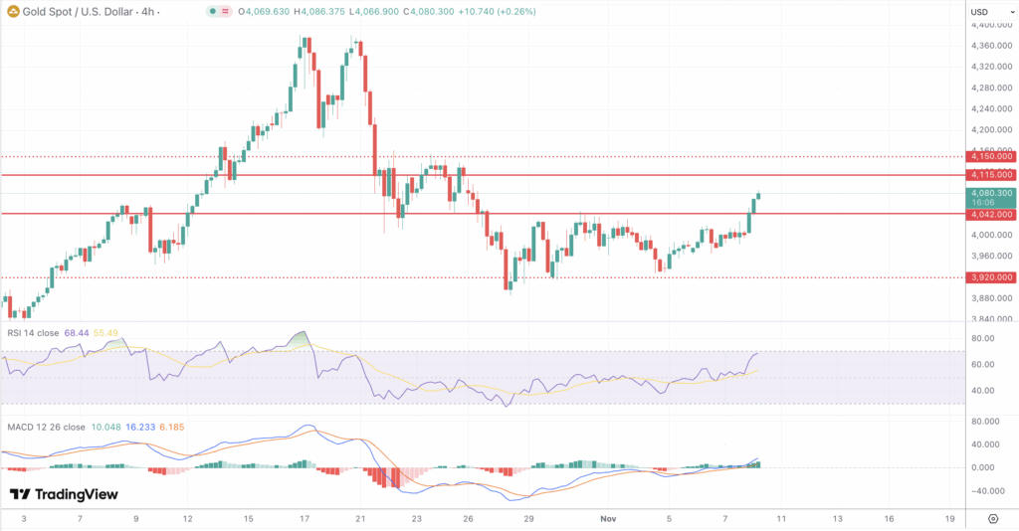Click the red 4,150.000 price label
(991, 156)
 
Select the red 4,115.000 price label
(991, 175)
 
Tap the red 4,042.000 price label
(991, 214)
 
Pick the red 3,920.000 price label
(991, 277)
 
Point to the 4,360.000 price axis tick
(991, 46)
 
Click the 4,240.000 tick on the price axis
(991, 109)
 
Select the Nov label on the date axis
(608, 519)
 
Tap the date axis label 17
(305, 519)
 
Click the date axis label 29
(529, 519)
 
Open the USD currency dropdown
(991, 12)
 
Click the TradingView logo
(64, 494)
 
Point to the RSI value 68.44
(77, 333)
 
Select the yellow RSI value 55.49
(105, 333)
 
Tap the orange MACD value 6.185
(172, 428)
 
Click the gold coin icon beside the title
(13, 12)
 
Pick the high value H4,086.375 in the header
(319, 12)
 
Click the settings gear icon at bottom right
(993, 519)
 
